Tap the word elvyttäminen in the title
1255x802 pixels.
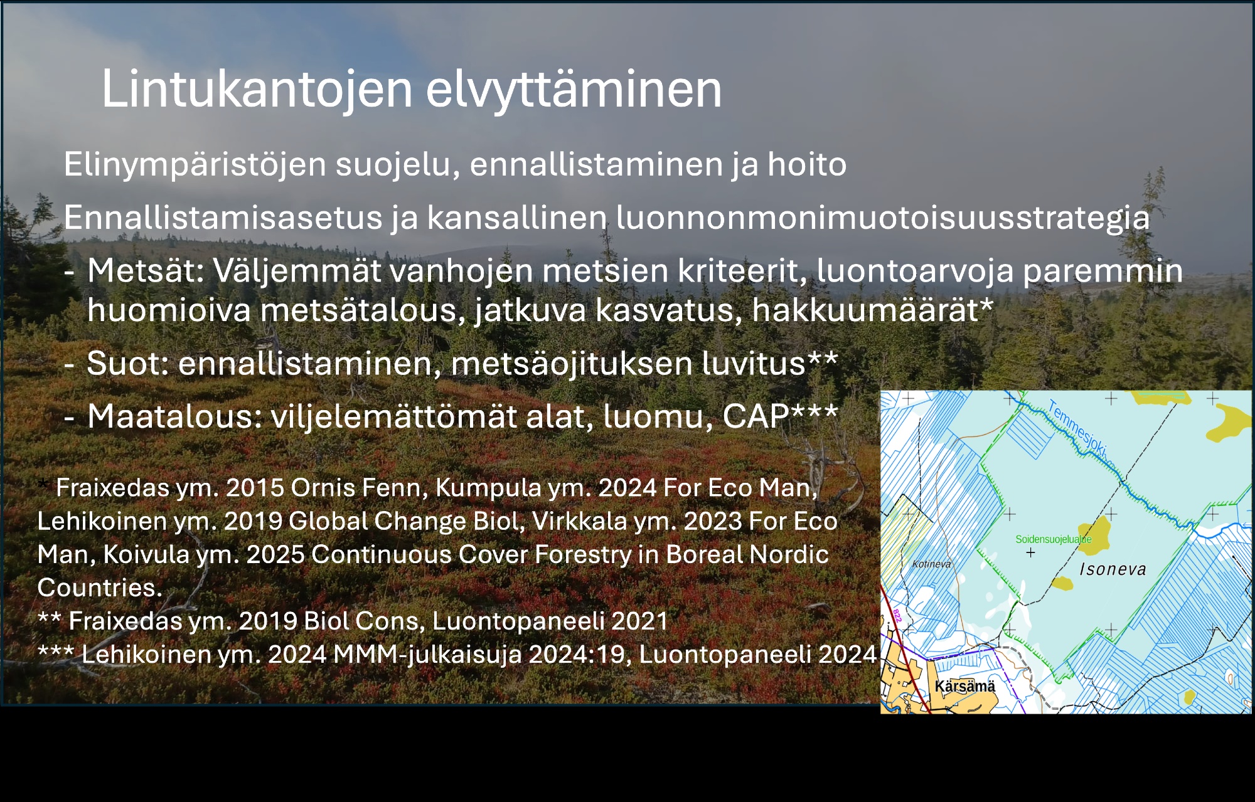(x=574, y=89)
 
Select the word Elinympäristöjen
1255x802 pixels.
(x=195, y=166)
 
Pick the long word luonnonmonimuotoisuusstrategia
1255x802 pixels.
(x=883, y=218)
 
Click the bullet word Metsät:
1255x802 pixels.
(x=146, y=271)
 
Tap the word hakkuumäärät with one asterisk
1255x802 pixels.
(x=873, y=310)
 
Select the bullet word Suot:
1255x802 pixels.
(x=128, y=363)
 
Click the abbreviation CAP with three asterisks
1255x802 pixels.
(x=780, y=416)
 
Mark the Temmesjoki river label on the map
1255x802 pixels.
(x=1078, y=430)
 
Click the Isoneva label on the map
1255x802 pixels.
(x=1113, y=569)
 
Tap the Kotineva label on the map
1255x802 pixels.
(x=932, y=564)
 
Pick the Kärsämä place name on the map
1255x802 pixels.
(x=965, y=686)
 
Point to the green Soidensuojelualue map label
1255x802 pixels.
(x=1054, y=539)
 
